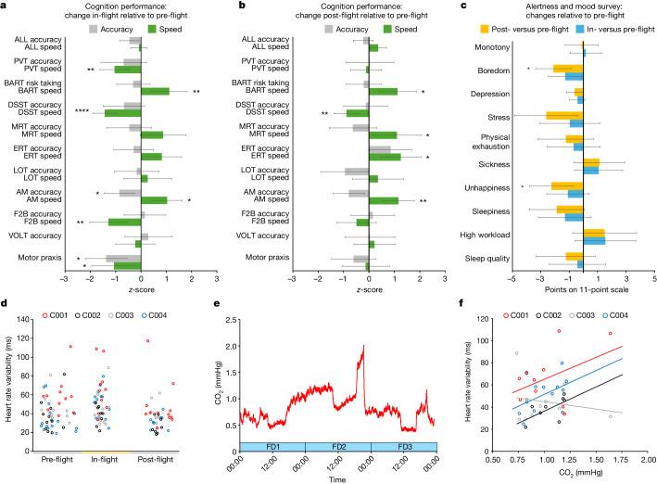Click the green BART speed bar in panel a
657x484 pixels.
tap(155, 92)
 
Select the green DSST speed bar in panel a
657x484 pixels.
tap(122, 113)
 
